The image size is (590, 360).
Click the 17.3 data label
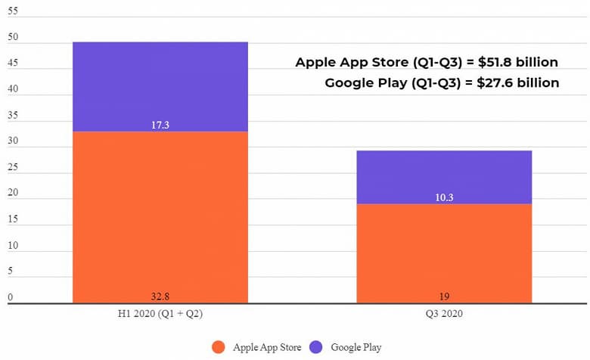pyautogui.click(x=160, y=125)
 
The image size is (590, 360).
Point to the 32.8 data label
pyautogui.click(x=160, y=296)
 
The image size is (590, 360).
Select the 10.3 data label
pyautogui.click(x=444, y=197)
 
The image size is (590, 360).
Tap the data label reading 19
pyautogui.click(x=444, y=296)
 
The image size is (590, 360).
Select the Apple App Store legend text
pyautogui.click(x=266, y=347)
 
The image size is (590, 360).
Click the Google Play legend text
pyautogui.click(x=355, y=347)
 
